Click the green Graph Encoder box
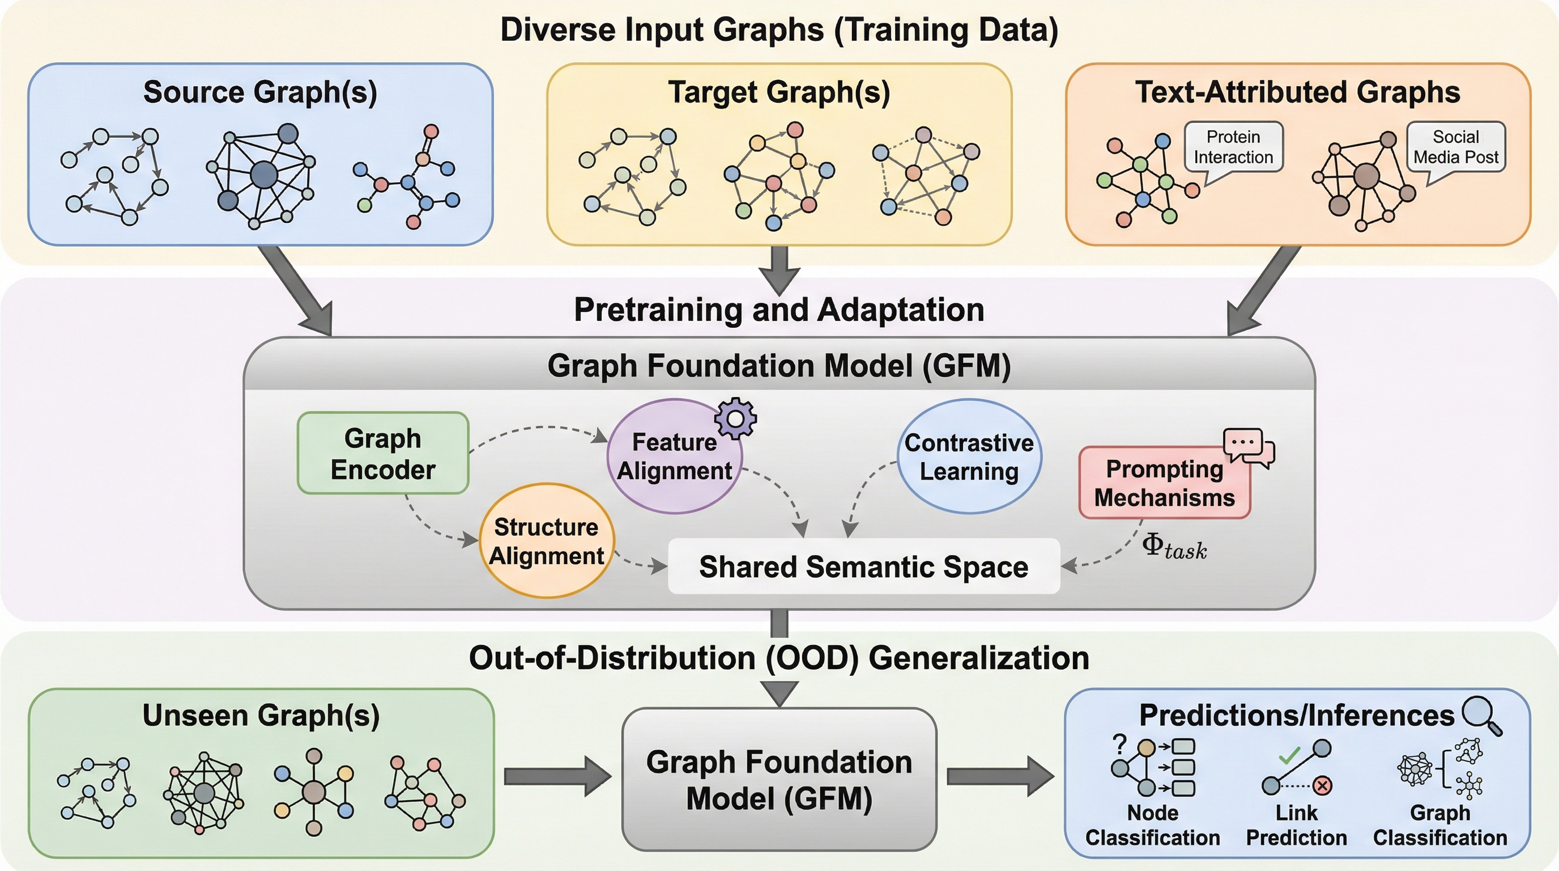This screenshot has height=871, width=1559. pos(382,453)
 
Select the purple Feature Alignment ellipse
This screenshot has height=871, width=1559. pos(674,456)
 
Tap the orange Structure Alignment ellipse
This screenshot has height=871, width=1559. pos(547,541)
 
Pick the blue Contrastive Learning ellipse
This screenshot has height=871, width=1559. pos(969,456)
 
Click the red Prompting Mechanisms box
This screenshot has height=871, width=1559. pos(1164,483)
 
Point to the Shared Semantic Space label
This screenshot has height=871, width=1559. pos(863,567)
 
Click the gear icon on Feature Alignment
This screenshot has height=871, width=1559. pos(735,418)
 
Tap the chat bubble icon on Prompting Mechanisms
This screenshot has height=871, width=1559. pos(1248,447)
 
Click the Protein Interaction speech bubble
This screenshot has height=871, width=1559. pos(1233,147)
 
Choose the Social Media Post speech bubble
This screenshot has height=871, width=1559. pos(1455,147)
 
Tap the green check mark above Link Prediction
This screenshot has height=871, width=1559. pos(1290,755)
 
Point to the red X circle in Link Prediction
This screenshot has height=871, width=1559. pos(1322,786)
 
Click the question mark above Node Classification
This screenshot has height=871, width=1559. pos(1119,744)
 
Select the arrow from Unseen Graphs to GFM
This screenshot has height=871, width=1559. pos(557,776)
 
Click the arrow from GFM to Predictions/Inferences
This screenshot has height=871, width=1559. pos(1000,776)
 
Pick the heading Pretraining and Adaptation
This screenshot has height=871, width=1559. pos(779,310)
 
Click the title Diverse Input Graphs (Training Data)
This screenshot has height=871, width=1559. pos(779,30)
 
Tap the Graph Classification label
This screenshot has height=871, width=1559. pos(1440,825)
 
